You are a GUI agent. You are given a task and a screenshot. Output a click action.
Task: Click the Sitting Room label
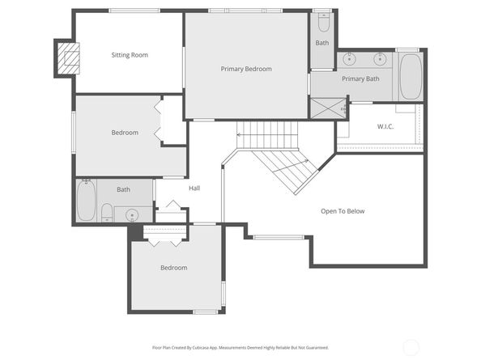point(130,55)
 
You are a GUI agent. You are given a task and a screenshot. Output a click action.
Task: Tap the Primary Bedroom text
point(246,69)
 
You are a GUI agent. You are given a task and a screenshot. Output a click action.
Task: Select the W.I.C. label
point(385,126)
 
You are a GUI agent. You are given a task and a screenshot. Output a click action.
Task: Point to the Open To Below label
point(343,211)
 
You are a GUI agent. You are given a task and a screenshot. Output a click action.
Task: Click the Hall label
point(194,188)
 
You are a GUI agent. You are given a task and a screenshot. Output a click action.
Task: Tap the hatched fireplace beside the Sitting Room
point(68,58)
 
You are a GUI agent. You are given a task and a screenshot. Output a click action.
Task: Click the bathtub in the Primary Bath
point(410,77)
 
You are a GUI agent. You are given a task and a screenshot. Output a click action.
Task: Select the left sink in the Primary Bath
point(349,59)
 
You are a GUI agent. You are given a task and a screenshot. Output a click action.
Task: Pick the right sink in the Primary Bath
point(380,59)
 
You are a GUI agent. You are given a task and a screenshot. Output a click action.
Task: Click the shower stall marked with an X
point(328,108)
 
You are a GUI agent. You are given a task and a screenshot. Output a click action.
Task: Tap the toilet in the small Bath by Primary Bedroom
point(323,23)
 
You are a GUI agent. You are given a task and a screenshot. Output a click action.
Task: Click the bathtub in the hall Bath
point(86,200)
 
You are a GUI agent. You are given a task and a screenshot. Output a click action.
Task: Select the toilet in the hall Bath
point(107,212)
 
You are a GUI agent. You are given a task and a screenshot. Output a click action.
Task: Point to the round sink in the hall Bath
point(132,214)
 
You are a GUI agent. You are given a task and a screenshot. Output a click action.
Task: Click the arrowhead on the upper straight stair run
point(239,134)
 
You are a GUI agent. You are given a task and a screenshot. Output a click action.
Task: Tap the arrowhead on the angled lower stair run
point(306,160)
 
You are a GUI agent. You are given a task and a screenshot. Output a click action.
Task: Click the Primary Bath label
point(360,79)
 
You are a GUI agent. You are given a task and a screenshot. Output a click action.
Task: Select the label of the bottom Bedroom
point(174,268)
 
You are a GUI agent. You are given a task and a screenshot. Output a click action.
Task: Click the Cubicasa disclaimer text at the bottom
point(240,348)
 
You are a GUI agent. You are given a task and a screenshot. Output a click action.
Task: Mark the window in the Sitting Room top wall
point(134,11)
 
